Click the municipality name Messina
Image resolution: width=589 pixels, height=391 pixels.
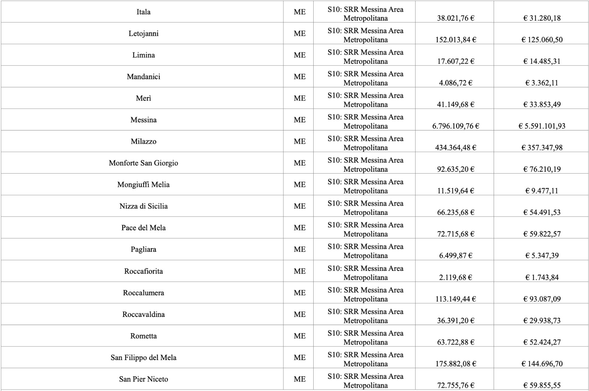pos(143,120)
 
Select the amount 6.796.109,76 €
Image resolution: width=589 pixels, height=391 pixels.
pos(455,126)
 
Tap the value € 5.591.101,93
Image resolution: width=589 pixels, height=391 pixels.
pos(542,126)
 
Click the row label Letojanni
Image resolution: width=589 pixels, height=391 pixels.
pos(143,34)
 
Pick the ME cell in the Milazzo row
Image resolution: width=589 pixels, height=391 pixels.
pos(299,142)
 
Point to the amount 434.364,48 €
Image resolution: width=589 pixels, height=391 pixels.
pos(455,147)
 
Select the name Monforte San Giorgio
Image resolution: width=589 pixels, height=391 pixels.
pos(143,163)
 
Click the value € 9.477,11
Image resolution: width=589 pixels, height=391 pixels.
pos(542,191)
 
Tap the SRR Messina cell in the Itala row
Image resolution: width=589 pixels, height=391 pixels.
pos(365,14)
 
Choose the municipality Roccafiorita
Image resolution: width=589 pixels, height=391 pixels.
pos(143,271)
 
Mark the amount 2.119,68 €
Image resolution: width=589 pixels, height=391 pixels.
pos(455,277)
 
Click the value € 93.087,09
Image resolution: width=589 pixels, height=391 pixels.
pos(542,299)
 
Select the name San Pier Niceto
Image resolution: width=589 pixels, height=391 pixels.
pos(143,379)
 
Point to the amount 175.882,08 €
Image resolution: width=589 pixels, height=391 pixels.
pos(455,364)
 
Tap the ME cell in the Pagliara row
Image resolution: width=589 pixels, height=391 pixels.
pos(299,249)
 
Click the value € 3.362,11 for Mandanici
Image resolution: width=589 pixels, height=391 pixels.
pos(542,83)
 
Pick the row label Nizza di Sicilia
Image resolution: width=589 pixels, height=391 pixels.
pos(143,206)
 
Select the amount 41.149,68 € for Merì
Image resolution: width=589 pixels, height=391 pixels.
pos(455,104)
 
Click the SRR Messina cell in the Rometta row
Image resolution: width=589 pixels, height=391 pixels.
pos(365,338)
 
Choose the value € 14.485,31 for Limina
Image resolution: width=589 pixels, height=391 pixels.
pos(542,61)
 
